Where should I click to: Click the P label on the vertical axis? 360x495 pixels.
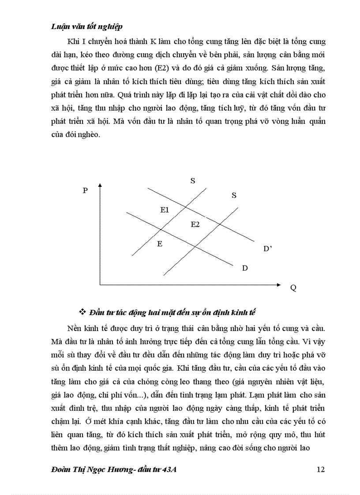[x=85, y=190]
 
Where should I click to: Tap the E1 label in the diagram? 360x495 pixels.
[x=165, y=210]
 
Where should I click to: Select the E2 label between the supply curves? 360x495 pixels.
[x=195, y=224]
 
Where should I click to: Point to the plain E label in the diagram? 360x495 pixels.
[x=160, y=243]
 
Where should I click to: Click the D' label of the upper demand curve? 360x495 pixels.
[x=268, y=249]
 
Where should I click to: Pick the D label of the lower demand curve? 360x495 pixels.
[x=245, y=268]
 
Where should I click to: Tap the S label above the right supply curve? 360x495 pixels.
[x=234, y=195]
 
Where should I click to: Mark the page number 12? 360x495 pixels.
[x=320, y=469]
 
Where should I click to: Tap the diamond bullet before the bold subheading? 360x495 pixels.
[x=82, y=312]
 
